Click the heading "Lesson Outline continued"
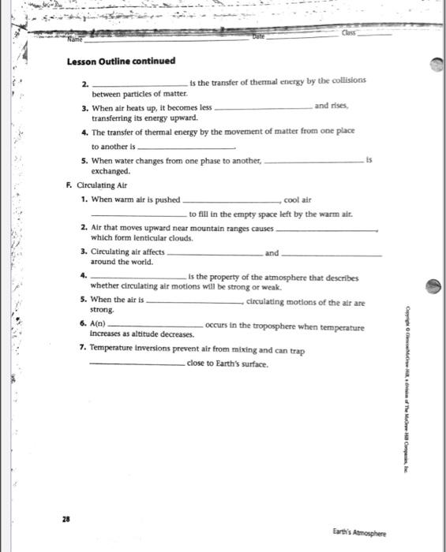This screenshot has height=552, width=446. pyautogui.click(x=121, y=62)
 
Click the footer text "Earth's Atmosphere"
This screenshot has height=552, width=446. pyautogui.click(x=359, y=533)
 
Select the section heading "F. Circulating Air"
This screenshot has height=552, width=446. pyautogui.click(x=97, y=185)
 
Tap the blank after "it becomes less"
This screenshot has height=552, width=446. pyautogui.click(x=262, y=109)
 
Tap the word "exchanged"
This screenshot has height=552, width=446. pyautogui.click(x=111, y=171)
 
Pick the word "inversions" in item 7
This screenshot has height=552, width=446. pyautogui.click(x=158, y=349)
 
